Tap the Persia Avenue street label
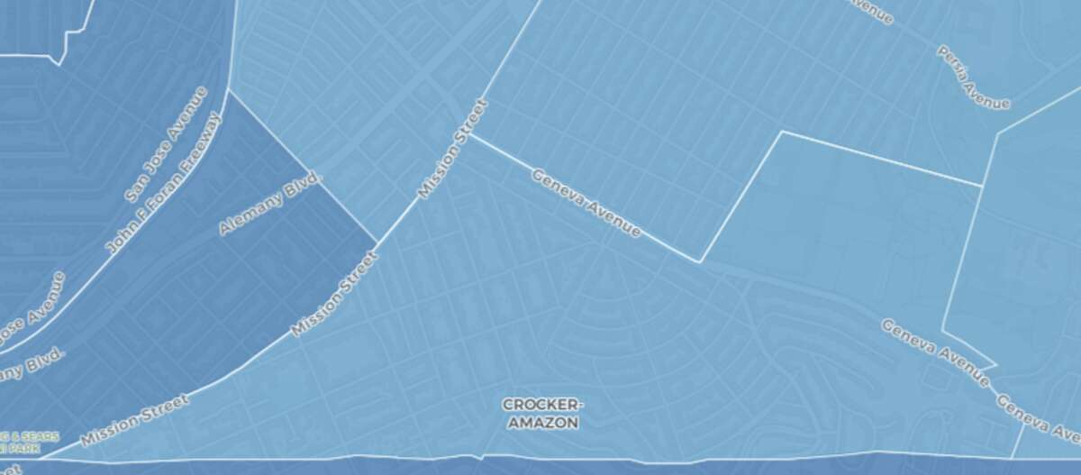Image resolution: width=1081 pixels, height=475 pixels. click(974, 78)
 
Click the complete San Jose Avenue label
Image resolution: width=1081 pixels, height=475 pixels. click(167, 144)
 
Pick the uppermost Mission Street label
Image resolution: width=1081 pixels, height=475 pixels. click(452, 150)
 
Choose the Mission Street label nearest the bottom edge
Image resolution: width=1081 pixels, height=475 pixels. click(135, 420)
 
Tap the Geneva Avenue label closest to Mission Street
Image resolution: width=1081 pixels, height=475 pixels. click(586, 204)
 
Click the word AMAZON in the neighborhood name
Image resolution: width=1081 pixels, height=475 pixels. click(542, 422)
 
